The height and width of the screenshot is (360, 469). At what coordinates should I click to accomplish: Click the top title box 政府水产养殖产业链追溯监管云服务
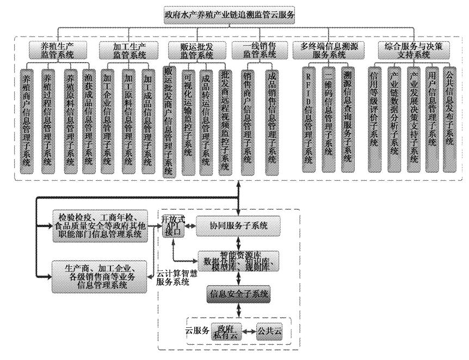coord(230,14)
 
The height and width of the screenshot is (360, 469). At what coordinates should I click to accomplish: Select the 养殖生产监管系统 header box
coord(59,50)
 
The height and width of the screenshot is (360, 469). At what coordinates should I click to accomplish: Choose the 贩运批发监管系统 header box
coord(196,50)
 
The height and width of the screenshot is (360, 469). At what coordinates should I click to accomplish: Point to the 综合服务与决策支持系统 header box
coord(413,50)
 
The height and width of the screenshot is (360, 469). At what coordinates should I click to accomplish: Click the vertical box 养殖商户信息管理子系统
coord(27,120)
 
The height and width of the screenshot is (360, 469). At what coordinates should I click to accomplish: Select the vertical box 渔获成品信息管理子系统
coord(89,120)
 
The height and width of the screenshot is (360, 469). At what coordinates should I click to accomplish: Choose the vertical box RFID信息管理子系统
coord(309,120)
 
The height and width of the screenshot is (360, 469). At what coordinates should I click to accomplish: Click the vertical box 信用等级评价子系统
coord(374,120)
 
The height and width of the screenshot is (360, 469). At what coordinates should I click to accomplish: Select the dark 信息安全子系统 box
coord(238,295)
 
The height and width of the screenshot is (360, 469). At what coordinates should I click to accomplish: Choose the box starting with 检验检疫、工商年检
coord(99,225)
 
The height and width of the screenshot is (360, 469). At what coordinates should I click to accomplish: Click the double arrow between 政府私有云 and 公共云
coord(250,331)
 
